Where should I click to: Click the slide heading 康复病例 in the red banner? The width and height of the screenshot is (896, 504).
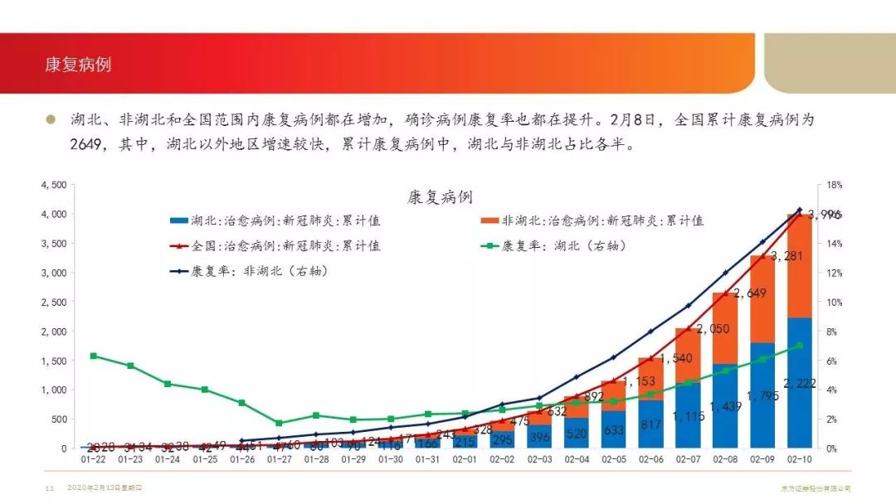click(x=78, y=65)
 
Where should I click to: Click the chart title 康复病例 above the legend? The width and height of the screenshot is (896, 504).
click(x=440, y=197)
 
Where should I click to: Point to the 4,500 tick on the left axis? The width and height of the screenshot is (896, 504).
click(x=53, y=185)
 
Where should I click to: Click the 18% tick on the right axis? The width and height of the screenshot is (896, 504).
click(x=834, y=185)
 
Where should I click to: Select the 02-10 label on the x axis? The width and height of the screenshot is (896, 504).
click(x=800, y=458)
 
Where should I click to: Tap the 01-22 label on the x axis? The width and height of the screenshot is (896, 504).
click(x=93, y=458)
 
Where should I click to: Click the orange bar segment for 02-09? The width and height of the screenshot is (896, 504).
click(x=762, y=298)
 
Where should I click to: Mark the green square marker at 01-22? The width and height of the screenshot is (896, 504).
click(x=93, y=356)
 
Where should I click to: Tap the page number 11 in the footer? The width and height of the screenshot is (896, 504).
click(x=48, y=489)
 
